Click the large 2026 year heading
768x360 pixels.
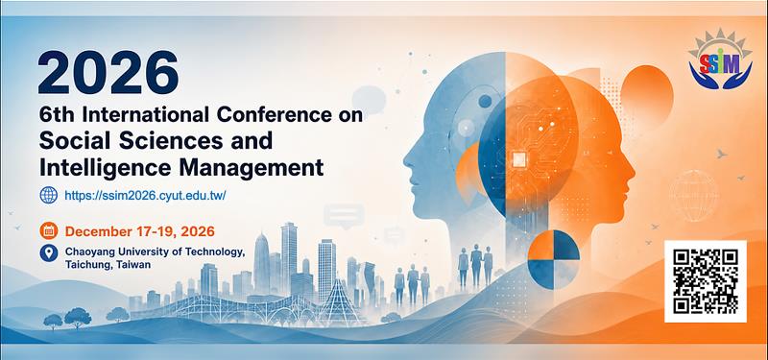tap(108, 73)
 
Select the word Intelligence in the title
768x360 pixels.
tap(105, 167)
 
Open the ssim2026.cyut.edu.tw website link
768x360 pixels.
tap(145, 196)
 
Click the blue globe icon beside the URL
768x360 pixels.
tap(49, 196)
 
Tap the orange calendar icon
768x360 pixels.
tap(49, 230)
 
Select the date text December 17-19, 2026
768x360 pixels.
tap(139, 230)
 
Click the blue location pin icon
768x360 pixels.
tap(49, 253)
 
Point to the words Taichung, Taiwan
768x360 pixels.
tap(108, 265)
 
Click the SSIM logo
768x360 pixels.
tap(720, 60)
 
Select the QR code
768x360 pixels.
tap(706, 281)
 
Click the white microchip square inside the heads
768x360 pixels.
tap(518, 158)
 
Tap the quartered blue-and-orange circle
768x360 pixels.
tap(554, 253)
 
